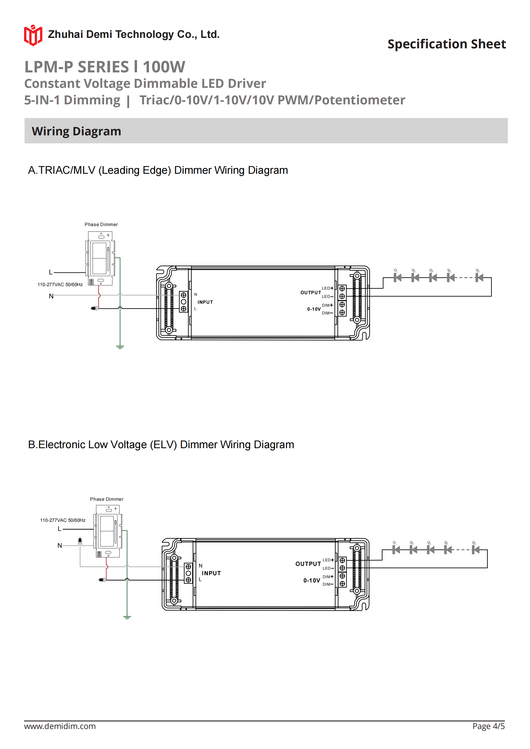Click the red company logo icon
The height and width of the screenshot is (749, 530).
pos(33,35)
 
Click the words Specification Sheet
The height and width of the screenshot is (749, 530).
pos(446,44)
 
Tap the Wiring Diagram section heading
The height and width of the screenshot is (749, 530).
pos(76,131)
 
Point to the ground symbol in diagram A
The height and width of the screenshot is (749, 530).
pos(120,347)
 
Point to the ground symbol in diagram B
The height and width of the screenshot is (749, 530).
pos(127,617)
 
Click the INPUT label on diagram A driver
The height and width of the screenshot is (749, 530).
pos(205,302)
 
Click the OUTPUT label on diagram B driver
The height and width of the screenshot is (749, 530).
pos(308,564)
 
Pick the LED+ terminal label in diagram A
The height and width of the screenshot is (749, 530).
pos(327,288)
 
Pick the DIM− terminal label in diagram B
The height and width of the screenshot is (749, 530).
pos(328,584)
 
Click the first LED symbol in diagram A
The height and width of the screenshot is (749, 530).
pos(397,277)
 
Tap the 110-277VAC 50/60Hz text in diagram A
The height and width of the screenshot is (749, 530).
pos(60,285)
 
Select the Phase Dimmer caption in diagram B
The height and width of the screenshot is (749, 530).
pos(107,499)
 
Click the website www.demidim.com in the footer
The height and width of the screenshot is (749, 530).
pos(60,726)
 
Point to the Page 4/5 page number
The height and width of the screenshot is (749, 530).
pos(488,726)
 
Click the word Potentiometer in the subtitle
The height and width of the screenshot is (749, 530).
pos(360,100)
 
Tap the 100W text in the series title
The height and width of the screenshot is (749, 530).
pos(164,67)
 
